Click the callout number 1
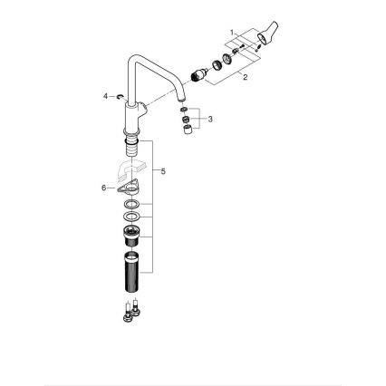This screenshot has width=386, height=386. (x=233, y=33)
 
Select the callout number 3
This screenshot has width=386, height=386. (x=211, y=118)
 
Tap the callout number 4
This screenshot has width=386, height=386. (x=105, y=94)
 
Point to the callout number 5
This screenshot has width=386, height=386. (x=164, y=169)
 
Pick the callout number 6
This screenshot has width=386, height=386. (x=104, y=188)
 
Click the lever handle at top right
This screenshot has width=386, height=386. (x=267, y=37)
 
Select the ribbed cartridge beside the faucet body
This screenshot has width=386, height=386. (x=195, y=75)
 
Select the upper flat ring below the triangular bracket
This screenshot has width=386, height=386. (x=130, y=206)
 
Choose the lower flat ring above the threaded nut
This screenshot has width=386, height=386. (x=130, y=218)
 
